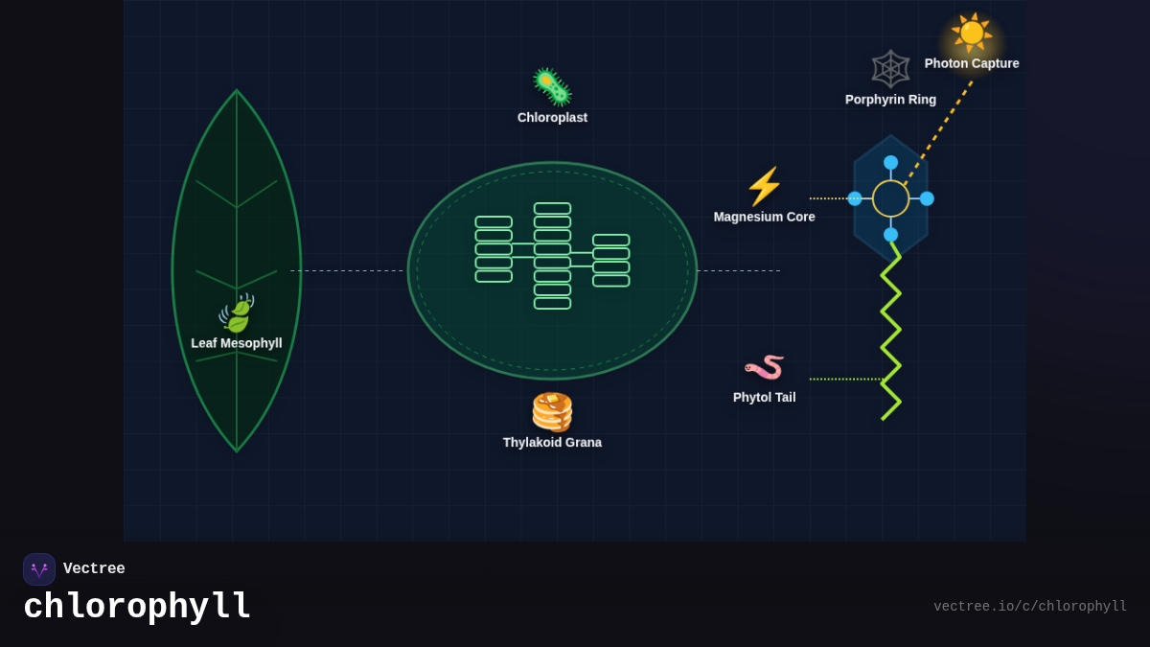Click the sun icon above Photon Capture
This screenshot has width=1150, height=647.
point(971,33)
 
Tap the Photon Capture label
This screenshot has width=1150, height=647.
point(972,63)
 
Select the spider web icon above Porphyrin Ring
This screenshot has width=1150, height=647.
point(890,69)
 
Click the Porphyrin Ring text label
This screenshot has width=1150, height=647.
point(890,100)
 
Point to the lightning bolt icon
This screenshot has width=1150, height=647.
point(764,187)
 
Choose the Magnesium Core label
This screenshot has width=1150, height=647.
point(764,217)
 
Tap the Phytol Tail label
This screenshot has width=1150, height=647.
point(764,397)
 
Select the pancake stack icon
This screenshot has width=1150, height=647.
point(552,412)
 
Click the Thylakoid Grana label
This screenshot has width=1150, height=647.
point(552,442)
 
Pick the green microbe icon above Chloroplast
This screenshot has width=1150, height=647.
point(552,86)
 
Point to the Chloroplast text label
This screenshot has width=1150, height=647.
point(552,117)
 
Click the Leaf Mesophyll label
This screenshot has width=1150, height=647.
point(236,343)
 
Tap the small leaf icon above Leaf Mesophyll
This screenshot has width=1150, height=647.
point(236,313)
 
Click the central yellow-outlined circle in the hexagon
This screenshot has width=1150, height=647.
point(890,198)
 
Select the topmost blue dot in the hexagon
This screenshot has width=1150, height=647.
point(890,163)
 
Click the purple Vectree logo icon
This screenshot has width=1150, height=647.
point(39,569)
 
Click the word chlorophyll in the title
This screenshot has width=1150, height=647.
point(137,607)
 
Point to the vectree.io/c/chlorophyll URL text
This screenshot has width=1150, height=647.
point(1030,607)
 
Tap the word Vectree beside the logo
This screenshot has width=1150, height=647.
point(94,569)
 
